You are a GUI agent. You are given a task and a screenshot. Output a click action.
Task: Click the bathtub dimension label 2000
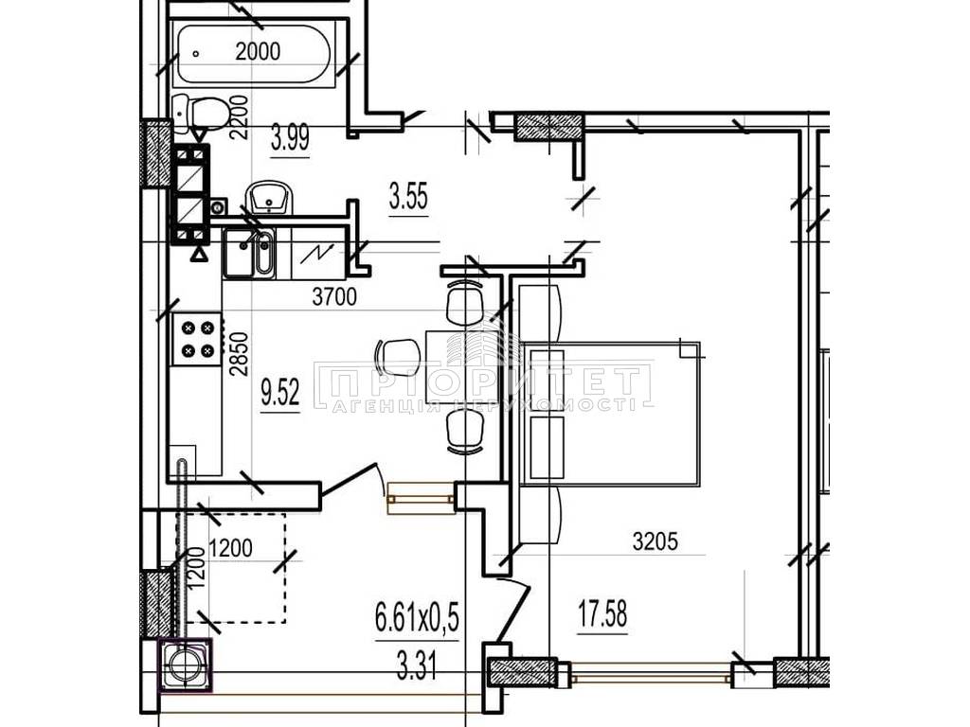(258, 51)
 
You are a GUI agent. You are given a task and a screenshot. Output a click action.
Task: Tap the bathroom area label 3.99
(290, 138)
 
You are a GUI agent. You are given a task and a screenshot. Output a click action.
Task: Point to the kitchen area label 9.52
(280, 393)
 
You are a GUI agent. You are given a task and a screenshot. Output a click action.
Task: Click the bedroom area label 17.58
(602, 613)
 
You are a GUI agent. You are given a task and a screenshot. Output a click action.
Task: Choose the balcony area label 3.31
(418, 667)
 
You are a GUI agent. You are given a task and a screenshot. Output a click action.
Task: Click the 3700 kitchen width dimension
(334, 297)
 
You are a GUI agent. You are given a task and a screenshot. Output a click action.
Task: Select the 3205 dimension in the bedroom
(656, 541)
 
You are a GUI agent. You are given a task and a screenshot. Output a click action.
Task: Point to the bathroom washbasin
(269, 198)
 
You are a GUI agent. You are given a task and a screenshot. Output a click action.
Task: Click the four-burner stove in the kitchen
(197, 339)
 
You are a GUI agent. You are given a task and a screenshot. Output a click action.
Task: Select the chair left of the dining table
(399, 362)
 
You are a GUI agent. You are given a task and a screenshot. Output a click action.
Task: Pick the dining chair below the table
(464, 432)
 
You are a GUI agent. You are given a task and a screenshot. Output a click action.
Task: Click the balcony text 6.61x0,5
(418, 618)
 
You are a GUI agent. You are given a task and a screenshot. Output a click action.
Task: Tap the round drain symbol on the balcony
(187, 665)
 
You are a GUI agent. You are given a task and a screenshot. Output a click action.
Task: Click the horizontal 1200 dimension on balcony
(231, 548)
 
